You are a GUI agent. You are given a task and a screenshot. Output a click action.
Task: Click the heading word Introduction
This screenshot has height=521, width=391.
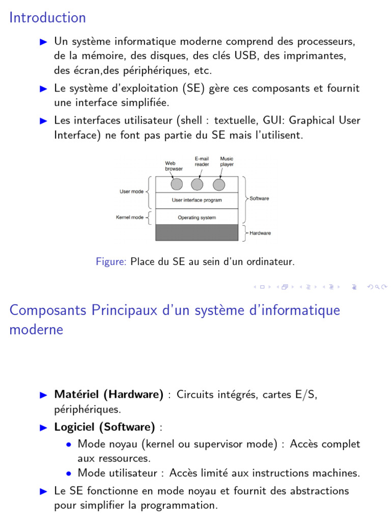(x=48, y=18)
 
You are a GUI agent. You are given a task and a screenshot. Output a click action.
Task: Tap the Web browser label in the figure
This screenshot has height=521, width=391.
(x=173, y=166)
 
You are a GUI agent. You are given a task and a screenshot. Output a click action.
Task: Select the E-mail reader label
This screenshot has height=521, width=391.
(x=202, y=161)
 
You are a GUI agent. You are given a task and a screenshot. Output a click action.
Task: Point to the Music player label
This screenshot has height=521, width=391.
(x=227, y=161)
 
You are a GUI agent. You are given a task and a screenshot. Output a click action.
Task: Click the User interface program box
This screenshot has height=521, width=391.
(x=197, y=200)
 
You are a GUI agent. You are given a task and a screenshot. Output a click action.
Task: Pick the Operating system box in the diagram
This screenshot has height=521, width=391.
(x=197, y=218)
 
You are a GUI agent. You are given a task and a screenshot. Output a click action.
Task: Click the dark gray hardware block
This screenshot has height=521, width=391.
(x=197, y=233)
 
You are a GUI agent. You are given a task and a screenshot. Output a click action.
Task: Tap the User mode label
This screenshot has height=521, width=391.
(x=131, y=192)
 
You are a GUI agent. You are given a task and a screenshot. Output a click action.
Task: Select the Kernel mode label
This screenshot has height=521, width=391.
(x=130, y=218)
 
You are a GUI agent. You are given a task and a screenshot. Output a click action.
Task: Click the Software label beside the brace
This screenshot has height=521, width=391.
(x=259, y=198)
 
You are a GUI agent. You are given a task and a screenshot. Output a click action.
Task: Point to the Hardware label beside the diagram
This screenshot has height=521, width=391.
(x=260, y=233)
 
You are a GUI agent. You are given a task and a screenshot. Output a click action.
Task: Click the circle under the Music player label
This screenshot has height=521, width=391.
(x=219, y=184)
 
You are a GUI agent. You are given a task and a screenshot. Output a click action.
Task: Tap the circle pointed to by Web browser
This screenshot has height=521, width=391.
(x=176, y=184)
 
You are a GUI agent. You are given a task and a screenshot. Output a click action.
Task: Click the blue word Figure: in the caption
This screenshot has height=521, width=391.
(x=111, y=262)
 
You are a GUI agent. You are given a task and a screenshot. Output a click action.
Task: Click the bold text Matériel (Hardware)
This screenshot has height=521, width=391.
(x=109, y=395)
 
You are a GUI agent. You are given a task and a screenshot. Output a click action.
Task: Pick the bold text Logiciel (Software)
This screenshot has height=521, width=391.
(x=104, y=427)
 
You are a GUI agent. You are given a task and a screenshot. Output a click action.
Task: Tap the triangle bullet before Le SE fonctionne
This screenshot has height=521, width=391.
(x=43, y=491)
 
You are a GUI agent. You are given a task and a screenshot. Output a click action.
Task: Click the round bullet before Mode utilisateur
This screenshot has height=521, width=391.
(x=69, y=473)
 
